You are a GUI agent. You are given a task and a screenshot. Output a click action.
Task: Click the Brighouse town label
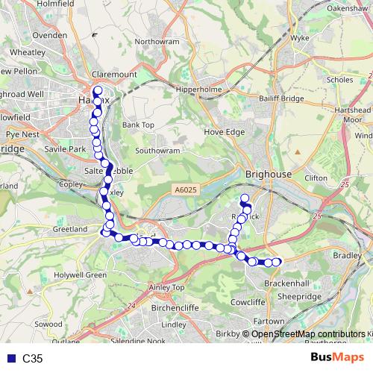[x=268, y=173]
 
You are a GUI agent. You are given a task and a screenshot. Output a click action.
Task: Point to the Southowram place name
[x=158, y=150]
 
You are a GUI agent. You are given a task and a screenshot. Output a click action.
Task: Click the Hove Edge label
[x=225, y=132]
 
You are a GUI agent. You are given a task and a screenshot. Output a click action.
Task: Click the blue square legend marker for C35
[x=10, y=359]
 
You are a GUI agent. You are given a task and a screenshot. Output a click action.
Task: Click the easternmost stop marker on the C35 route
[x=277, y=261]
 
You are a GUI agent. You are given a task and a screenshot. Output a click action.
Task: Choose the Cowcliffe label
[x=247, y=302]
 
